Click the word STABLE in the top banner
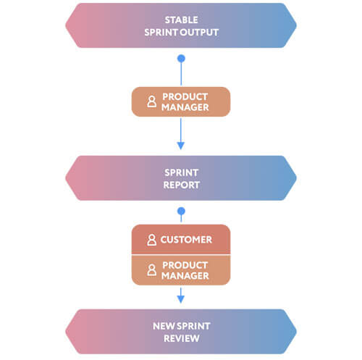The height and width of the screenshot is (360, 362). (181, 20)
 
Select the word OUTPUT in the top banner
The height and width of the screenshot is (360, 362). (200, 33)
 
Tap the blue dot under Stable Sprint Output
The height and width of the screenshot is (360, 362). (181, 59)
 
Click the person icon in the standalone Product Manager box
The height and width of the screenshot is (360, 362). (151, 101)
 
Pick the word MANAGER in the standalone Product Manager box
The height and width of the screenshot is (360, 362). (185, 107)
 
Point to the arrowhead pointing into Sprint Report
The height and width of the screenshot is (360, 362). (181, 146)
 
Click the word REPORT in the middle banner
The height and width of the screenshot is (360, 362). (182, 185)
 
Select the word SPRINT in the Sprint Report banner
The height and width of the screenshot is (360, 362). (182, 172)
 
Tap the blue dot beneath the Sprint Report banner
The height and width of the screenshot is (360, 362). (181, 212)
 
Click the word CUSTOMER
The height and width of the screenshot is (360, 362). (186, 240)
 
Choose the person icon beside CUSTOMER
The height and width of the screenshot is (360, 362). (151, 240)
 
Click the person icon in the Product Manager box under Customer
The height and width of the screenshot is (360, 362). (151, 270)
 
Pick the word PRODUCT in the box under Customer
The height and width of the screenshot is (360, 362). (185, 265)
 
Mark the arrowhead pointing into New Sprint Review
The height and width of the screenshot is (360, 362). (181, 299)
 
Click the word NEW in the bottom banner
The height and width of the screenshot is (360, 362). (161, 326)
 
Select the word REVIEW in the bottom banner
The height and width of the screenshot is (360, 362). (182, 338)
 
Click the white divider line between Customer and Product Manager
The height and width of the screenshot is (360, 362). (181, 254)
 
